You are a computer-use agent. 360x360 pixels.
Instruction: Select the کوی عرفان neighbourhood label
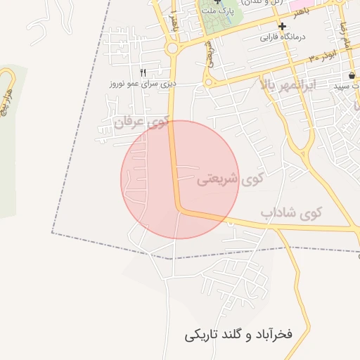pyautogui.click(x=142, y=122)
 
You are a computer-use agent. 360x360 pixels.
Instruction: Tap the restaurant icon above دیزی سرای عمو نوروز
pyautogui.click(x=143, y=72)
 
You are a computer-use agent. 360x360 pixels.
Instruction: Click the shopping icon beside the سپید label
pyautogui.click(x=351, y=75)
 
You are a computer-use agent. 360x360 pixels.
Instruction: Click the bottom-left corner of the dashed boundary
pyautogui.click(x=52, y=233)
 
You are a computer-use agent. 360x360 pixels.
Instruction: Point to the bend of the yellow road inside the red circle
pyautogui.click(x=181, y=210)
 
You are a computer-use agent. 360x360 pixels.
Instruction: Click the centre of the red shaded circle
pyautogui.click(x=180, y=179)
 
